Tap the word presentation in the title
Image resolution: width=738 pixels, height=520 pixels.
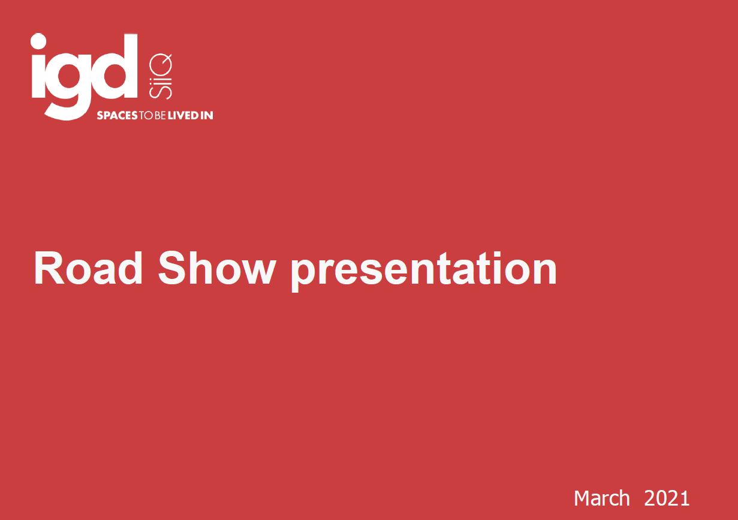click(x=424, y=271)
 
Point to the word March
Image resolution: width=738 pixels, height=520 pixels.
click(x=602, y=498)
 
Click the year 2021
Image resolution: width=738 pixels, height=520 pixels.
click(x=667, y=498)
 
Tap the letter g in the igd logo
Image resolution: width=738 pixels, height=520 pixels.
click(x=68, y=84)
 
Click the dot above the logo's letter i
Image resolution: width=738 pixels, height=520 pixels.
click(x=38, y=42)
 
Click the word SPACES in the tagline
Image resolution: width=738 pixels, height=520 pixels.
click(x=118, y=115)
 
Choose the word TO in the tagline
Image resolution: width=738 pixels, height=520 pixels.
click(x=145, y=115)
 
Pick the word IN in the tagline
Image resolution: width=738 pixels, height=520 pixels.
click(x=206, y=115)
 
